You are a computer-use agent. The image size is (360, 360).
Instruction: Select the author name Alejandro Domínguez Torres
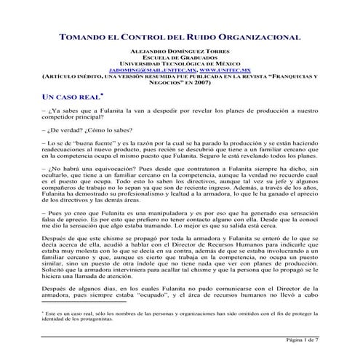point(180,54)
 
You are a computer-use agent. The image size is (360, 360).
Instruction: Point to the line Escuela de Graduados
point(180,60)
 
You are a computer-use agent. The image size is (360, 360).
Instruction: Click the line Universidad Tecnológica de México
point(180,68)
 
